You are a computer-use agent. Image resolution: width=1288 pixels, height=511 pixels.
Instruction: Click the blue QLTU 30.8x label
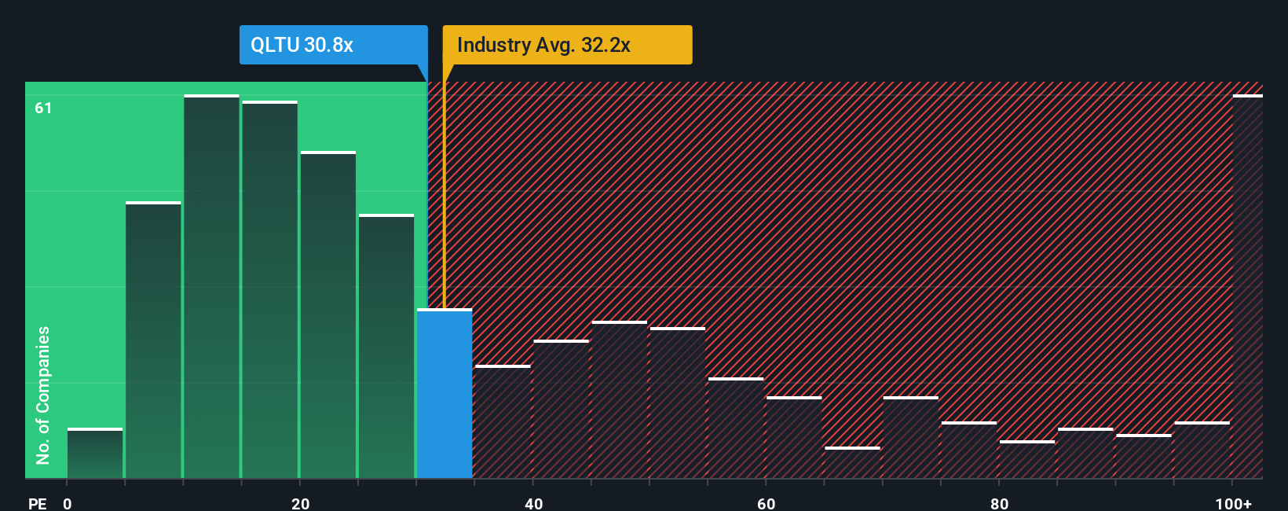pyautogui.click(x=333, y=45)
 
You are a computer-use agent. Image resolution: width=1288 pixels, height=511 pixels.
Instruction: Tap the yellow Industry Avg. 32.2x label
pyautogui.click(x=567, y=45)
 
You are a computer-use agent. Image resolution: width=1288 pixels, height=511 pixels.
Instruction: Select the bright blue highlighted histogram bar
pyautogui.click(x=445, y=393)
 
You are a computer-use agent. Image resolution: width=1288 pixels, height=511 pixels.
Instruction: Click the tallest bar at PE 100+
pyautogui.click(x=1247, y=287)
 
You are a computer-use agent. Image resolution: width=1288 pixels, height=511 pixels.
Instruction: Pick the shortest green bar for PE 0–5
pyautogui.click(x=95, y=454)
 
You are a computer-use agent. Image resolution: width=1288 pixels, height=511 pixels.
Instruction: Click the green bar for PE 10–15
pyautogui.click(x=211, y=287)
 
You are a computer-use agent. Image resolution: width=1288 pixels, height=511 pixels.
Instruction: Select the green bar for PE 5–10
pyautogui.click(x=153, y=340)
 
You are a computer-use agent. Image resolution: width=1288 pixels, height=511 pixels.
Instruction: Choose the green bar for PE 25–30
pyautogui.click(x=386, y=347)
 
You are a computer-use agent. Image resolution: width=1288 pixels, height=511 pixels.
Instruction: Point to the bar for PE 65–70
pyautogui.click(x=852, y=463)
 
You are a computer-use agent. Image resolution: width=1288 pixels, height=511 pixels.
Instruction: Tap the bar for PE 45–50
pyautogui.click(x=620, y=400)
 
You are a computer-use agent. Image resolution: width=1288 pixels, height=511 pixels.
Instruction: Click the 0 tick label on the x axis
pyautogui.click(x=68, y=504)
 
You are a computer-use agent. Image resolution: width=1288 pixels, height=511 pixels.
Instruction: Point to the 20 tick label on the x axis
pyautogui.click(x=300, y=504)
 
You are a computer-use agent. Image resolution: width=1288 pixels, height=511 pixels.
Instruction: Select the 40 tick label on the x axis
pyautogui.click(x=533, y=504)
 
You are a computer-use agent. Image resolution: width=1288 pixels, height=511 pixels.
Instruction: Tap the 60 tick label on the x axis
pyautogui.click(x=766, y=504)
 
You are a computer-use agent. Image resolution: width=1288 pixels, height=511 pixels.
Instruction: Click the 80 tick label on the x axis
pyautogui.click(x=999, y=504)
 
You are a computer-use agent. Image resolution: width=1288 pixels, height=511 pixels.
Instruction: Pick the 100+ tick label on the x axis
pyautogui.click(x=1233, y=504)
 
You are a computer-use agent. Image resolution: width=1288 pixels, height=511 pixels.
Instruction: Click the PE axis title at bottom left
pyautogui.click(x=37, y=504)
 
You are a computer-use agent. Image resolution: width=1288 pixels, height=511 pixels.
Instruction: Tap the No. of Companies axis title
pyautogui.click(x=43, y=395)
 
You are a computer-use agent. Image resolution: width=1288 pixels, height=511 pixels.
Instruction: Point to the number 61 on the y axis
pyautogui.click(x=43, y=108)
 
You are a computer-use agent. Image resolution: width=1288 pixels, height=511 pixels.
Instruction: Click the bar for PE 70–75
pyautogui.click(x=910, y=438)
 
